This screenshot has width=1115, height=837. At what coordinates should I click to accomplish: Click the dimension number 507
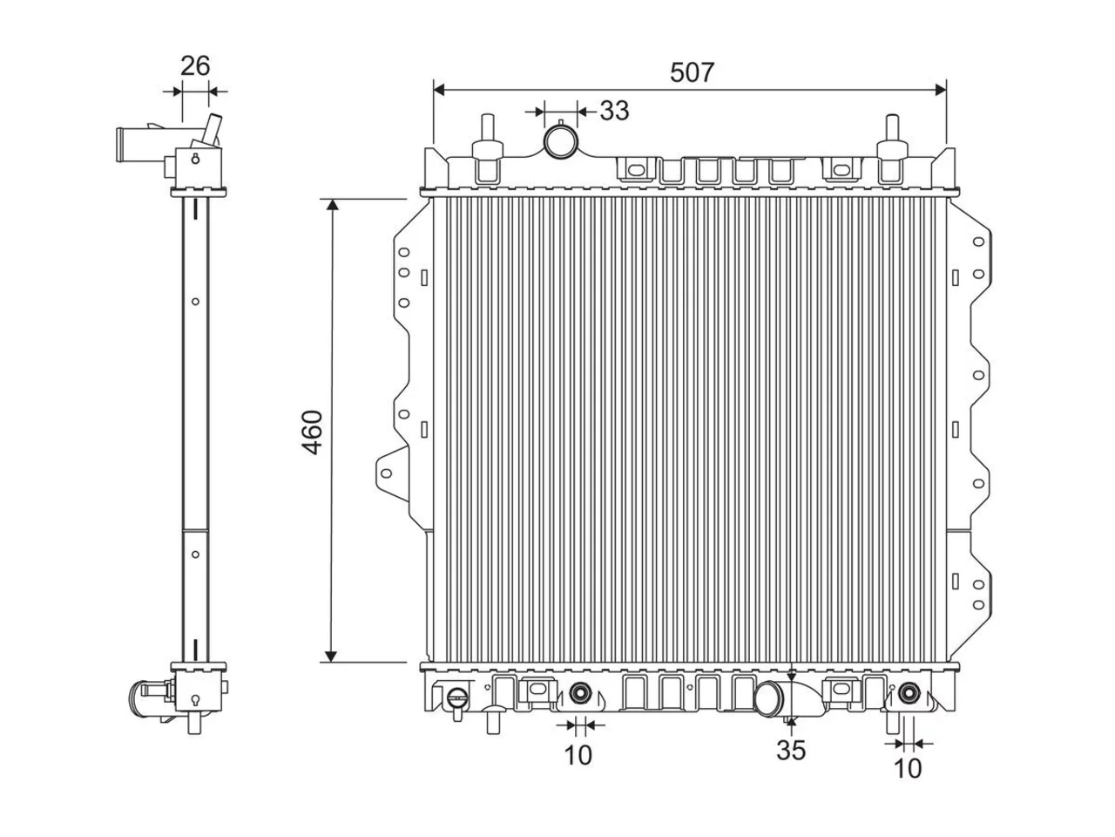[x=692, y=72]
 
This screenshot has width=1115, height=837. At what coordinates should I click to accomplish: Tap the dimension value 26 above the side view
[x=195, y=66]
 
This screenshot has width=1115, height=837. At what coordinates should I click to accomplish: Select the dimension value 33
[x=614, y=110]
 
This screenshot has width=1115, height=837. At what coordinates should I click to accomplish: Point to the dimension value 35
[x=791, y=750]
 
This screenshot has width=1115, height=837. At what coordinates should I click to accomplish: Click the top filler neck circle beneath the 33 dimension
[x=560, y=142]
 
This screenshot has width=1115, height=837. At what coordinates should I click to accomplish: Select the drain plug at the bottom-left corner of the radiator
[x=456, y=702]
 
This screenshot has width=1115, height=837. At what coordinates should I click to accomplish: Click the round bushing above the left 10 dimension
[x=579, y=692]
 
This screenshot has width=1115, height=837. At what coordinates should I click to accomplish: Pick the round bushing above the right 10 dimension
[x=908, y=692]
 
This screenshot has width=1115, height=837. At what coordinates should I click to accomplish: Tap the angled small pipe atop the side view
[x=212, y=130]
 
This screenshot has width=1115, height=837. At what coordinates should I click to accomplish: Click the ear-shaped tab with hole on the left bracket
[x=392, y=473]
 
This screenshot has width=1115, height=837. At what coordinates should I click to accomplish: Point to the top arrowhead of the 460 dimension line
[x=332, y=205]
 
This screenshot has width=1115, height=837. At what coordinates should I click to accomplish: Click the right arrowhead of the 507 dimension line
[x=940, y=91]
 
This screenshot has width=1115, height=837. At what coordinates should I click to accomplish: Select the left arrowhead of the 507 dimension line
[x=439, y=91]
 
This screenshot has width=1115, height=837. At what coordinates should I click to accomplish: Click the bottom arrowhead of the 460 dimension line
[x=331, y=656]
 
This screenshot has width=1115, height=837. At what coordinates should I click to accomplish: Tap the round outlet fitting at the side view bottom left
[x=142, y=698]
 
